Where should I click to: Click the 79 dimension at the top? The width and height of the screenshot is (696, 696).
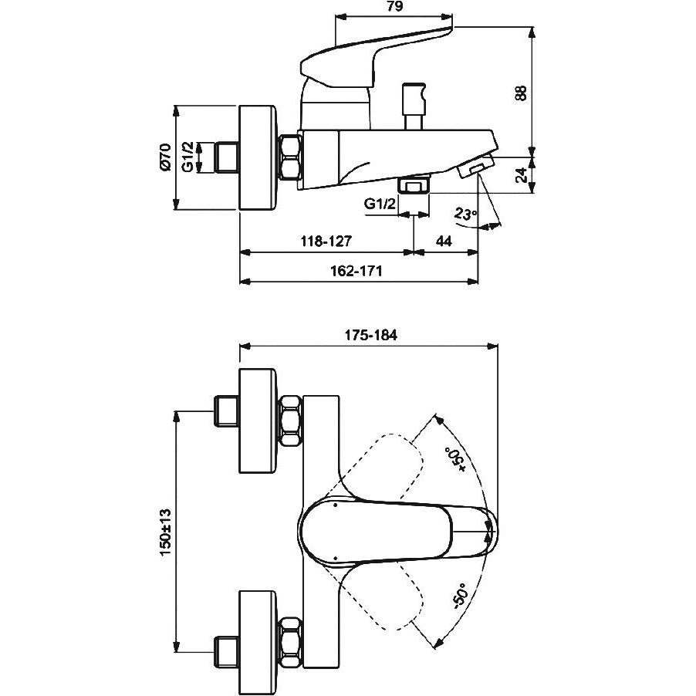(394, 7)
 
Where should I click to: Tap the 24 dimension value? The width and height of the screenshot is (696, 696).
(523, 175)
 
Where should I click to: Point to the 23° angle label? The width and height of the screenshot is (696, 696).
(465, 214)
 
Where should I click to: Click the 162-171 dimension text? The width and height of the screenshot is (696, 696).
(356, 271)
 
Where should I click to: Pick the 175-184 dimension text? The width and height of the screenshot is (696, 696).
(371, 335)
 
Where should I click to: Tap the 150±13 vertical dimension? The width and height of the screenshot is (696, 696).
(165, 532)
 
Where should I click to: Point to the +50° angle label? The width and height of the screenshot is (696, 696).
(456, 459)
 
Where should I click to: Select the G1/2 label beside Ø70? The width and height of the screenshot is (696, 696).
(188, 157)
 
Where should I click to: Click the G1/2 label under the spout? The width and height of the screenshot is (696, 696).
(380, 204)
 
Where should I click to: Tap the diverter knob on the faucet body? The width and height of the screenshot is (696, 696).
(414, 106)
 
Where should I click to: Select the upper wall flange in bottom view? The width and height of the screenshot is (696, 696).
(258, 421)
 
